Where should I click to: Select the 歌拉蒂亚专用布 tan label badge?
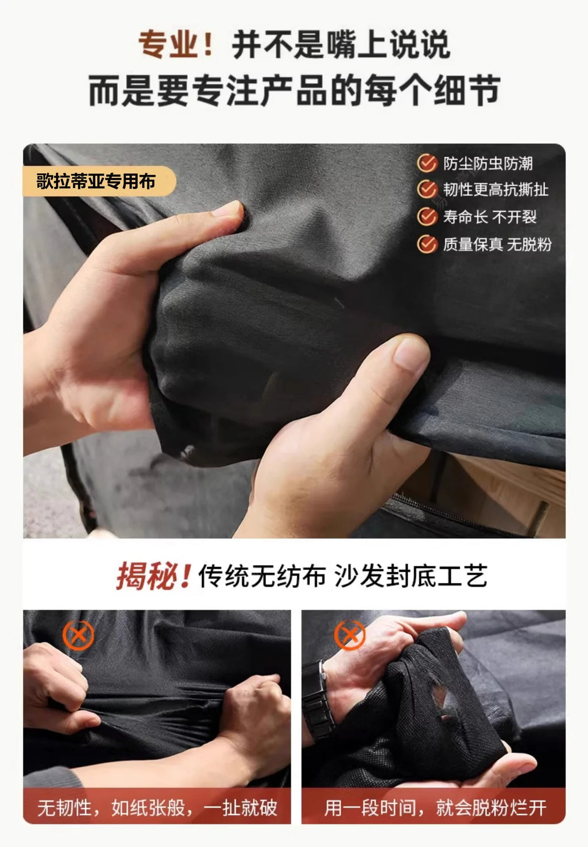[x=99, y=181]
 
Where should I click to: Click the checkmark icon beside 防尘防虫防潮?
[x=427, y=163]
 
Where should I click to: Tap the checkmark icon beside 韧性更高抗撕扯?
[x=427, y=189]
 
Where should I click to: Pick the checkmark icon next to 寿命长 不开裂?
[x=427, y=216]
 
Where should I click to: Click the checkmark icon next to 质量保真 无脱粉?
[x=427, y=244]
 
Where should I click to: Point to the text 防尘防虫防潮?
[x=488, y=164]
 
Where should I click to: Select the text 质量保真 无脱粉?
[x=497, y=244]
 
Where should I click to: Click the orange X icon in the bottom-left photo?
[x=78, y=635]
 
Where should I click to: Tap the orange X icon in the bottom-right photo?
[x=350, y=635]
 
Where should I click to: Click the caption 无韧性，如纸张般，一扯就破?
[x=157, y=807]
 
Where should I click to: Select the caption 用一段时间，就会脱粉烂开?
[x=435, y=807]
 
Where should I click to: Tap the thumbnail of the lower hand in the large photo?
[x=411, y=353]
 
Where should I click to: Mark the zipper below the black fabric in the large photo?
[x=454, y=514]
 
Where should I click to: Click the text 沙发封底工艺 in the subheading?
[x=411, y=576]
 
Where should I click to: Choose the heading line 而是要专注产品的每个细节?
[x=295, y=91]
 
